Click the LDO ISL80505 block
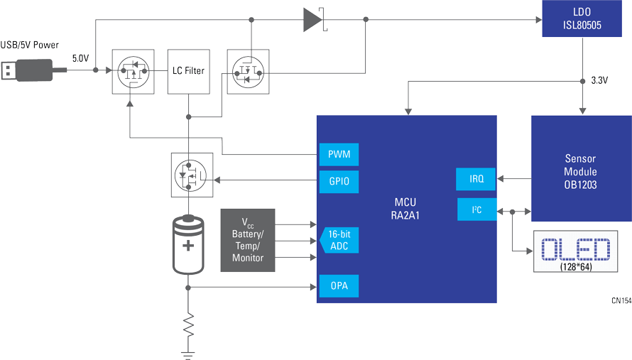582,18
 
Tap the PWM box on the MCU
339,154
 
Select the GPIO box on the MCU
339,181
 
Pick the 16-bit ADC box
339,240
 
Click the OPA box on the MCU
339,286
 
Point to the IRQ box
476,179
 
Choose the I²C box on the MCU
476,209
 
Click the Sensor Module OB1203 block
581,168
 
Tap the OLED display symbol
576,251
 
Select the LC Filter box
189,71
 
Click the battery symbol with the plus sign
188,245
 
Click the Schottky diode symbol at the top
315,19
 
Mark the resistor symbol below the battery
188,325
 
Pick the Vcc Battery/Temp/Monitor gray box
248,240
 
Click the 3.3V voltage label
599,81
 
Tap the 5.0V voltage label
81,58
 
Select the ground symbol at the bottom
188,354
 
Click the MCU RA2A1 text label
405,209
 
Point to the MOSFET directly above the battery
192,175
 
